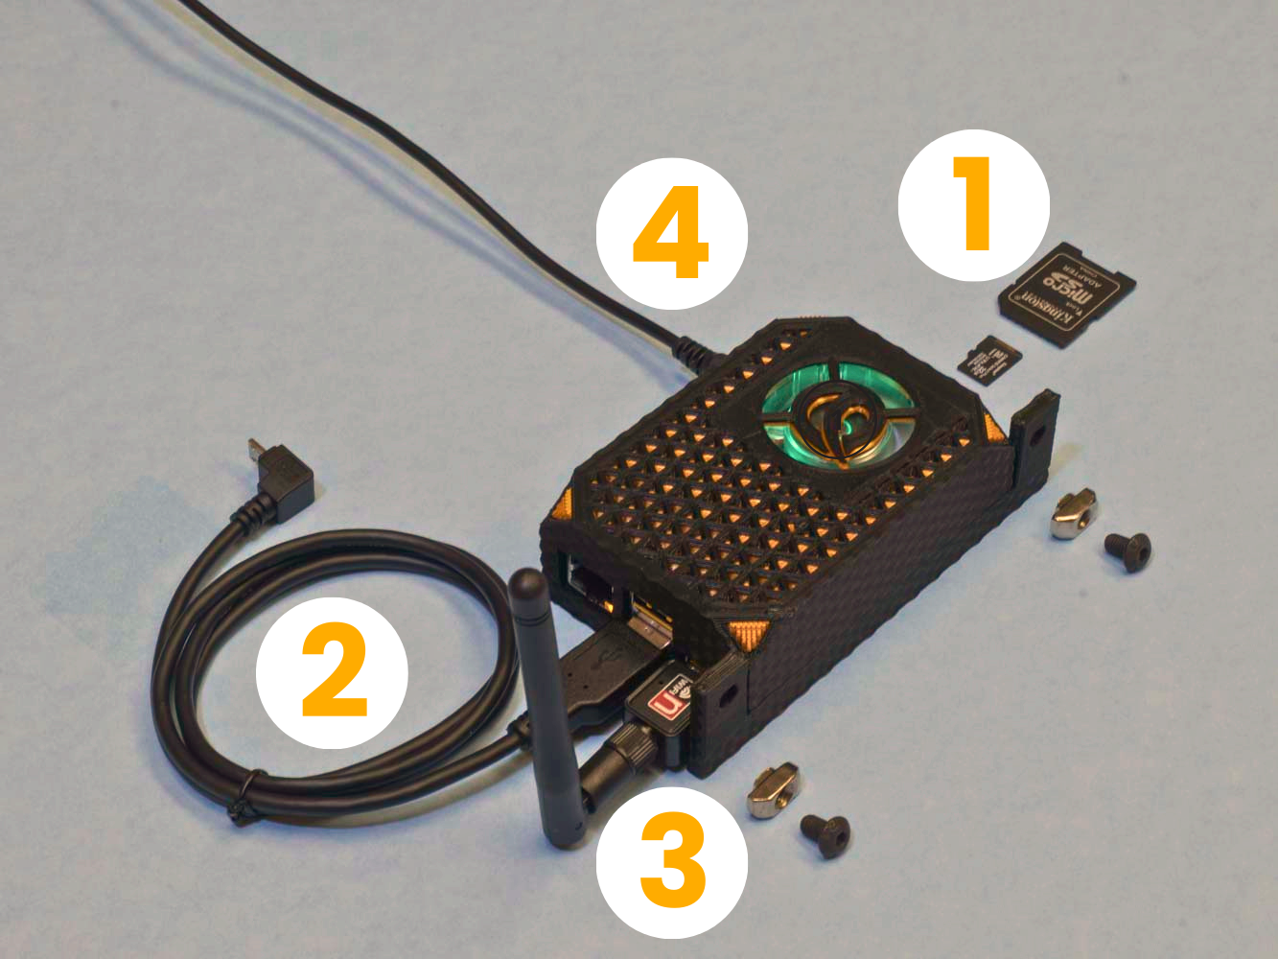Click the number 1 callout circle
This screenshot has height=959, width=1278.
(973, 204)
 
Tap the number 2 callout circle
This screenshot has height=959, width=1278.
(332, 671)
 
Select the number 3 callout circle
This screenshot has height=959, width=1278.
(671, 860)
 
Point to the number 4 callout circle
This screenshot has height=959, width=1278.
(671, 233)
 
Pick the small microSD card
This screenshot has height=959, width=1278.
(990, 359)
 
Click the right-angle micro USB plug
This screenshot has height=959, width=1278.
(285, 477)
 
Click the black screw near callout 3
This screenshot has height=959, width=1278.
(825, 835)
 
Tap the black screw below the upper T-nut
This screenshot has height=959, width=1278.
(1127, 551)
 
